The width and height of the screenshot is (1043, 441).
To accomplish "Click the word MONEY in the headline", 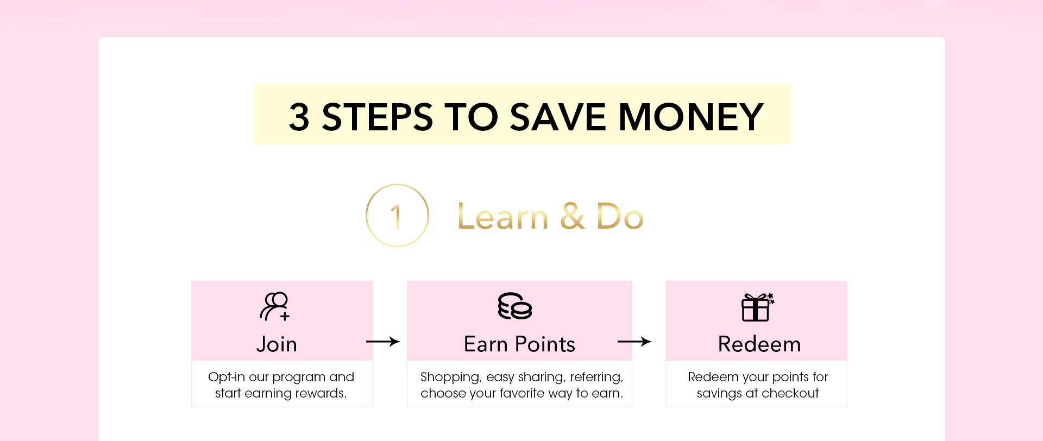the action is [691, 117].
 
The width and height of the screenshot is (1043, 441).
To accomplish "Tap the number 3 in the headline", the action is [299, 117].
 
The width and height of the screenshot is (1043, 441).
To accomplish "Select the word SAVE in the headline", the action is [558, 117].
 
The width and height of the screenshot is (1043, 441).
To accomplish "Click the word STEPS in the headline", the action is [378, 117].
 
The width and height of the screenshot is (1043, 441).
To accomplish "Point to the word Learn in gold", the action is [503, 216].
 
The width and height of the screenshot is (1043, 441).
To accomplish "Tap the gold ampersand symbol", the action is [573, 216].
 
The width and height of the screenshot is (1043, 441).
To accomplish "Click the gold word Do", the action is [620, 216].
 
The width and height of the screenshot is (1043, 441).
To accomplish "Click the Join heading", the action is [277, 344].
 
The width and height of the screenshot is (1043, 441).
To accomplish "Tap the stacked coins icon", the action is [515, 306].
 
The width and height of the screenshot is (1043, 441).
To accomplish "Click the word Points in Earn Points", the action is [545, 344].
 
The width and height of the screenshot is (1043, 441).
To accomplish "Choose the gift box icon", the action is [758, 307].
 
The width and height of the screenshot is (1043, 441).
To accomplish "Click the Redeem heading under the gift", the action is [759, 344].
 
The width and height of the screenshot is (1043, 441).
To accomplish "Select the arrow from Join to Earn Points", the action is [383, 342].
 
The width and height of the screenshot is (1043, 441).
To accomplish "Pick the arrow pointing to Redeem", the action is [634, 342].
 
